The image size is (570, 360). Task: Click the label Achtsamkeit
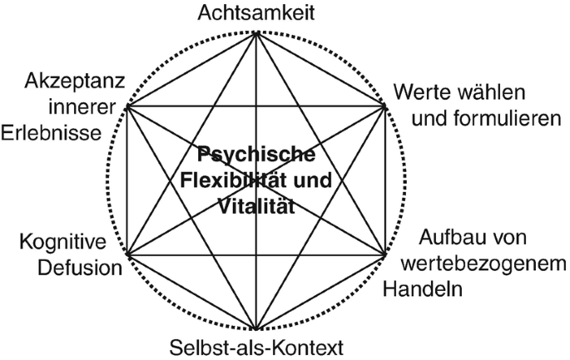[x=255, y=12]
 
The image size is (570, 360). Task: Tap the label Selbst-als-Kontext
[x=256, y=345]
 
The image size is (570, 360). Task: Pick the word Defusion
[x=74, y=269]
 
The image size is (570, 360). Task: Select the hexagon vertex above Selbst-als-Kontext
[x=255, y=327]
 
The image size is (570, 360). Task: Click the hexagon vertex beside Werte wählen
[x=384, y=106]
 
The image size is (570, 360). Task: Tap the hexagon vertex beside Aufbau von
[x=384, y=254]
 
